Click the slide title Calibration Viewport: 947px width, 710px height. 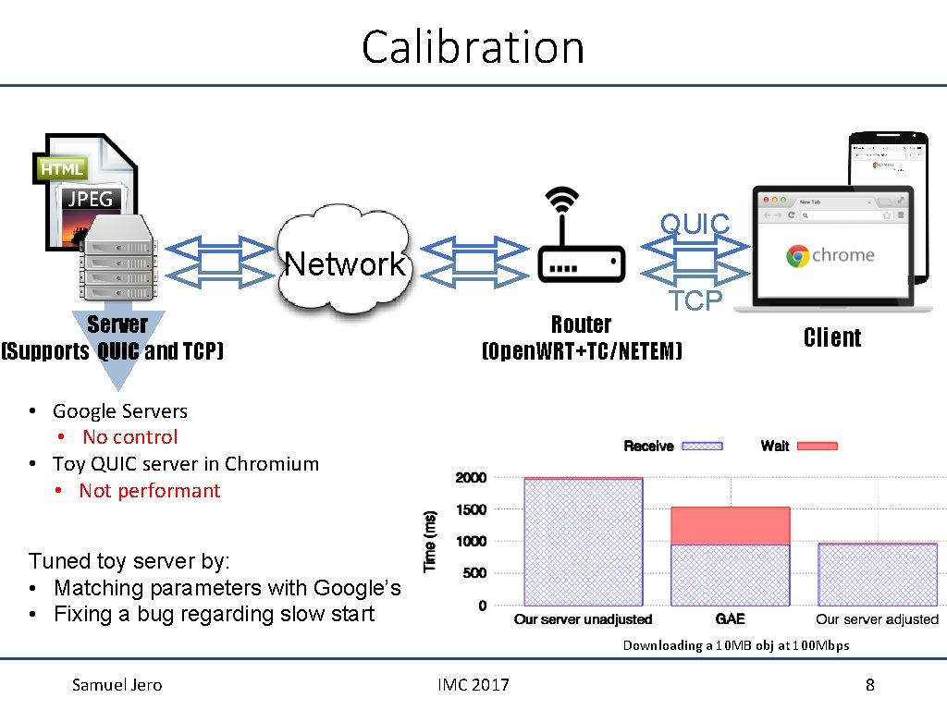(x=473, y=46)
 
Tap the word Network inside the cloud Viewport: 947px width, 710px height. (x=345, y=264)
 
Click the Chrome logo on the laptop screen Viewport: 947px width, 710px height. (x=797, y=256)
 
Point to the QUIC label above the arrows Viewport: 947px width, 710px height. (x=695, y=224)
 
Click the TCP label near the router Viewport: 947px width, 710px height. (x=695, y=300)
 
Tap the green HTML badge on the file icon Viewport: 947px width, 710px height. (x=62, y=168)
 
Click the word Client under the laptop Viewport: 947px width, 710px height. (x=831, y=337)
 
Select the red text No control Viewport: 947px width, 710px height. (x=129, y=437)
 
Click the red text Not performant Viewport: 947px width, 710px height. (x=149, y=491)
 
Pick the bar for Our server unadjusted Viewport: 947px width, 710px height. (x=583, y=542)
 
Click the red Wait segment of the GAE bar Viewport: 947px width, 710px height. (x=730, y=525)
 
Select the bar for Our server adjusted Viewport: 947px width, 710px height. (x=877, y=574)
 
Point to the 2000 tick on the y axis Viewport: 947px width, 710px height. (x=471, y=478)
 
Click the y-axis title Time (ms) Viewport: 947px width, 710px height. (x=430, y=542)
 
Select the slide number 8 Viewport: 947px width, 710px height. (x=869, y=685)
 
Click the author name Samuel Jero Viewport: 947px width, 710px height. (x=117, y=685)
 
